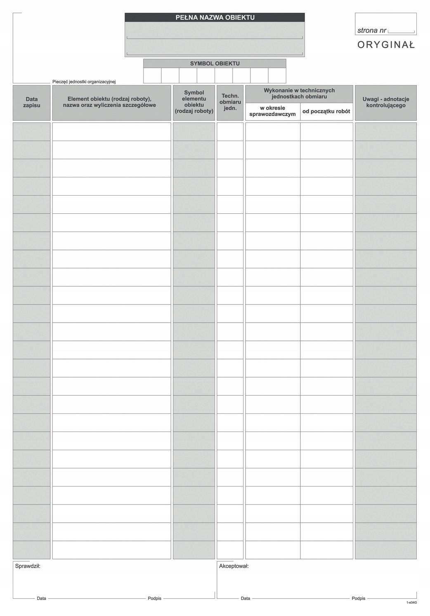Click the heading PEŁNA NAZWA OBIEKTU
(215, 17)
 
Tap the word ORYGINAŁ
(386, 45)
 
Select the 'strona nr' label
(371, 31)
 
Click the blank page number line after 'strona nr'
(401, 31)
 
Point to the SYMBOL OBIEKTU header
(215, 64)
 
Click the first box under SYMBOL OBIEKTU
(152, 76)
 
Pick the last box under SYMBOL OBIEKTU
(277, 76)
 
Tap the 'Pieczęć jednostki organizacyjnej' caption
(84, 82)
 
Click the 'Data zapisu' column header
(32, 102)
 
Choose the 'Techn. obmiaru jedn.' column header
(230, 102)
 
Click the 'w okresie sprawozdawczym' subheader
(272, 111)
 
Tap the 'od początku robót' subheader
(326, 111)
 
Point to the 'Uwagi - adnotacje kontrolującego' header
(386, 102)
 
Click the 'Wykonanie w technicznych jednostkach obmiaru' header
(299, 93)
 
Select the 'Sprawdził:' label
(28, 566)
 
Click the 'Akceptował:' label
(234, 566)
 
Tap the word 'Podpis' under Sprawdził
(154, 598)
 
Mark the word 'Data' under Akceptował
(246, 598)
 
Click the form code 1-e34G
(411, 603)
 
